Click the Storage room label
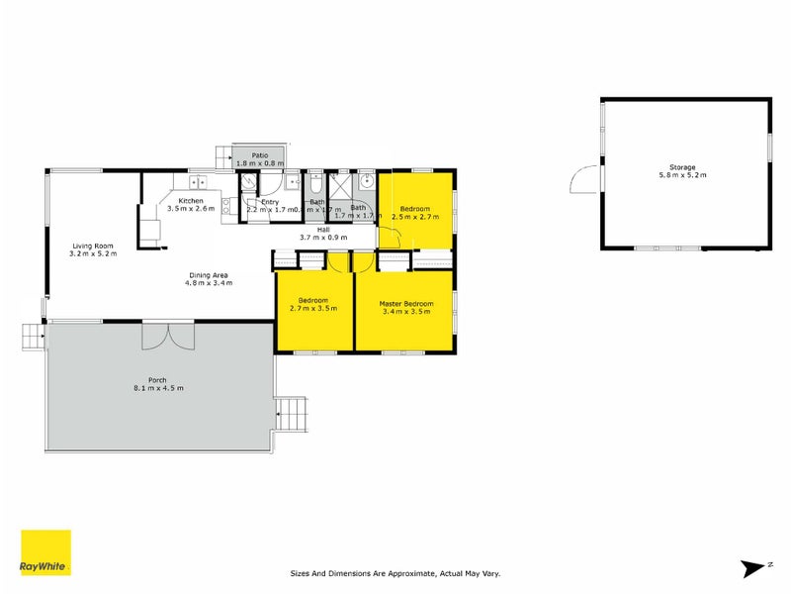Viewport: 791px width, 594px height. coord(683,167)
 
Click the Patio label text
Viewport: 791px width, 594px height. coord(260,155)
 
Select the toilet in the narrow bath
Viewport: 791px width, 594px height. coord(313,184)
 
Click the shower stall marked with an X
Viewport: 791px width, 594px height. coord(338,185)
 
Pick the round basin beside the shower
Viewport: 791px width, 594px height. coord(365,181)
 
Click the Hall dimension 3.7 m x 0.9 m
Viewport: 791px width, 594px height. coord(323,238)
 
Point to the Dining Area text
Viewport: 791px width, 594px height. coord(208,275)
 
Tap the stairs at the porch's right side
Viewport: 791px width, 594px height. coord(292,414)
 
